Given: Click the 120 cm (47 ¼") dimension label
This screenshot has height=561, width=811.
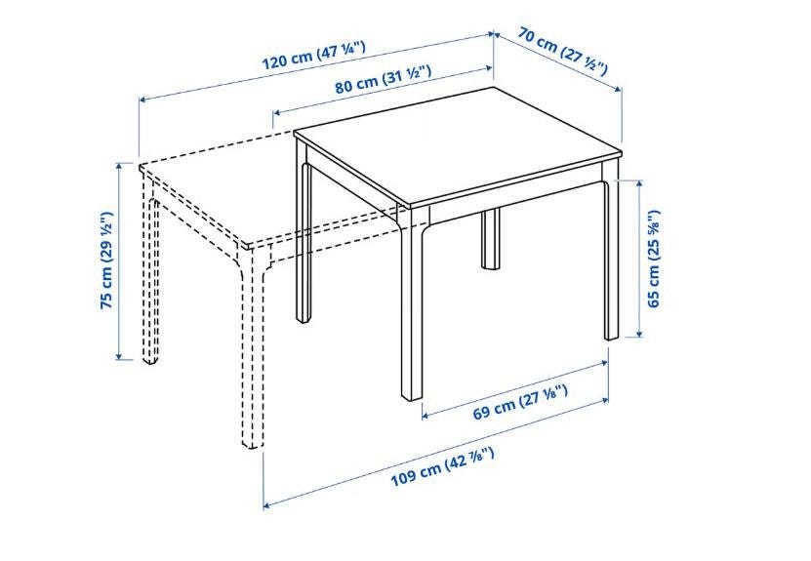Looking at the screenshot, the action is (x=314, y=56).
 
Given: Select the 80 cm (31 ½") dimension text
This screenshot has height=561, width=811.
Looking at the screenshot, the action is (x=384, y=79).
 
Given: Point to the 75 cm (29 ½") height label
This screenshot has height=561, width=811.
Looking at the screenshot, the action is (x=106, y=260).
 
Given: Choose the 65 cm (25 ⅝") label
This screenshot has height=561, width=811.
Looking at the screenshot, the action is (x=653, y=259).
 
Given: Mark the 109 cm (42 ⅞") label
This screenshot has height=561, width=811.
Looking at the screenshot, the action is (x=442, y=467).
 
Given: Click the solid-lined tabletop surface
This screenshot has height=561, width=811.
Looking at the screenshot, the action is (x=461, y=145).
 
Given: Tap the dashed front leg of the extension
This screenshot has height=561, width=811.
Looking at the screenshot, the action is (x=251, y=347).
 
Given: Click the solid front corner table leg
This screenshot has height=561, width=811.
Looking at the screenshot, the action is (x=412, y=304).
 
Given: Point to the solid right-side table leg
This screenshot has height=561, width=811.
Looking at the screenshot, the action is (x=611, y=259).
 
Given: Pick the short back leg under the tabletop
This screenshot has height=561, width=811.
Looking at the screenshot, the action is (x=490, y=239).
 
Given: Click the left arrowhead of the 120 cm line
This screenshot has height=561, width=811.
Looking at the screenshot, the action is (x=143, y=99).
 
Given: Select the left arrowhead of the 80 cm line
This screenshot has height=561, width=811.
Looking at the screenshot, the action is (x=277, y=112).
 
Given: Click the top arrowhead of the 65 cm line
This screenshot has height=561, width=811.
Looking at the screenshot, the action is (x=640, y=184).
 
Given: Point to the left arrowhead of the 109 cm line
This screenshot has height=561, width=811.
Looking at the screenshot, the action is (x=268, y=505).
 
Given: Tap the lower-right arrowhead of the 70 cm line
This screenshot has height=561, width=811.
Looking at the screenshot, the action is (x=617, y=89).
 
